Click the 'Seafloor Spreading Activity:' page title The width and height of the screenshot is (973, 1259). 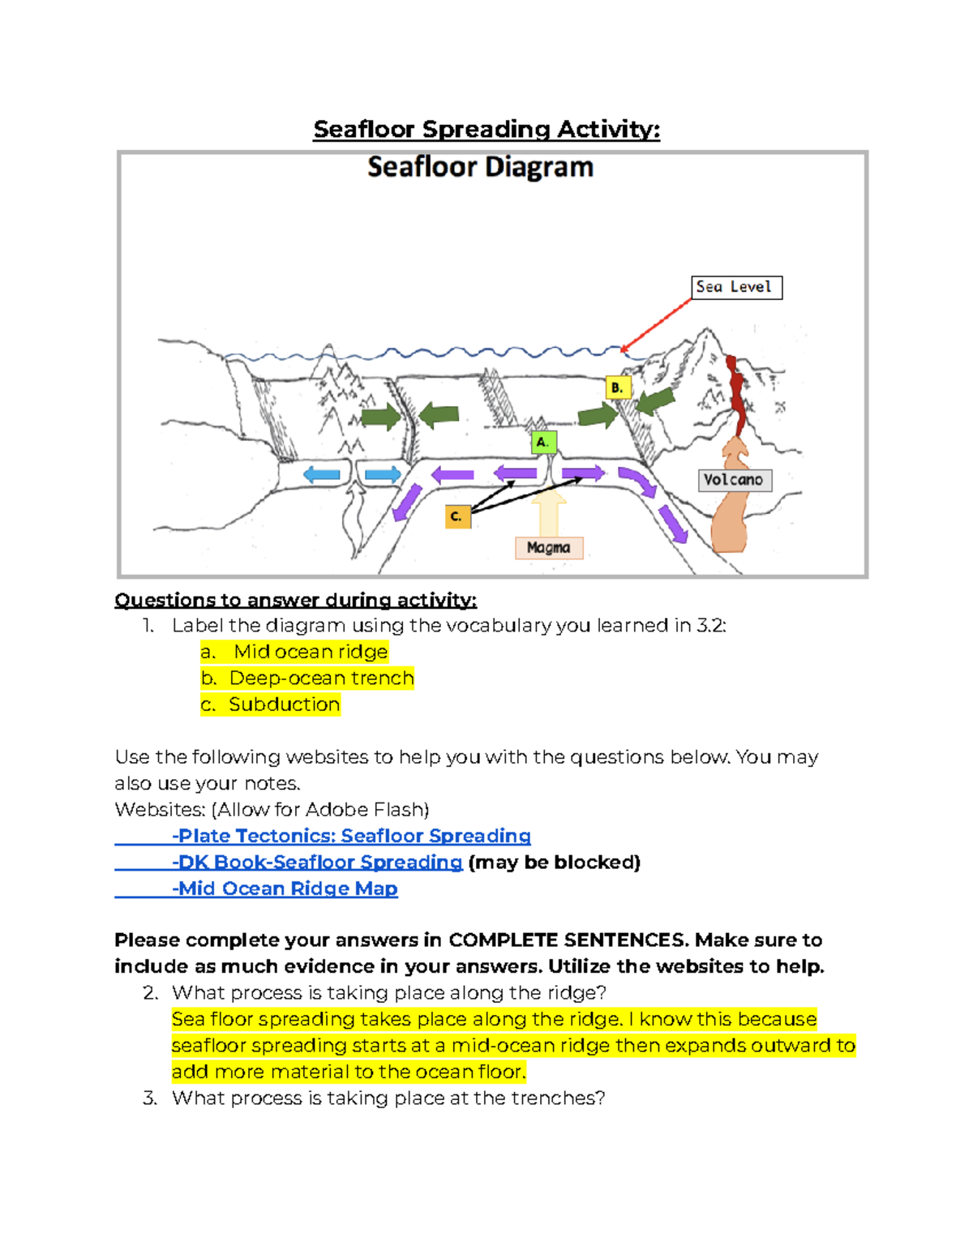click(486, 130)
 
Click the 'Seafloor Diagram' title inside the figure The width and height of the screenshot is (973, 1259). click(480, 167)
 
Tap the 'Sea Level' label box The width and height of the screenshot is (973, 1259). click(736, 287)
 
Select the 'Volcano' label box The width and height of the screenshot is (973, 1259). click(735, 480)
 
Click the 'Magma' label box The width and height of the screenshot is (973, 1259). click(549, 548)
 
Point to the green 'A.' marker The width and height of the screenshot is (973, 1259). click(543, 442)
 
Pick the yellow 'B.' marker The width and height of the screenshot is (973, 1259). click(618, 388)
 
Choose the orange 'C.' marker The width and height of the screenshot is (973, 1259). click(457, 516)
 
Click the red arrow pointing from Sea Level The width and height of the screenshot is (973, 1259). click(657, 324)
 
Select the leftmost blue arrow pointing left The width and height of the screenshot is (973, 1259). click(322, 475)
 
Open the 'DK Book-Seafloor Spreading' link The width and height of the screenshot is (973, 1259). click(319, 862)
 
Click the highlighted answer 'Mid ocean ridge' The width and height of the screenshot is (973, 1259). click(310, 652)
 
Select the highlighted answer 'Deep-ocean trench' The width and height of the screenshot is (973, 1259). click(321, 678)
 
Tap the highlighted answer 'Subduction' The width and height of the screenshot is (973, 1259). click(283, 704)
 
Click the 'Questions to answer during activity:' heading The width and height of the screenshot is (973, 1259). click(295, 600)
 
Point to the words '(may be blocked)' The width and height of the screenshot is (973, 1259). click(555, 862)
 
